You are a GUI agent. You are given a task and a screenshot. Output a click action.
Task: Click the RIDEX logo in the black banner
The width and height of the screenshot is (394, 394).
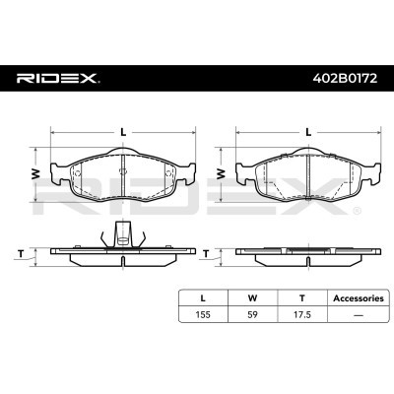click(x=58, y=78)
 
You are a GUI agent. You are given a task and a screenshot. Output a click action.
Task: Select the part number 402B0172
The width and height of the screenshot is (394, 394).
click(x=345, y=78)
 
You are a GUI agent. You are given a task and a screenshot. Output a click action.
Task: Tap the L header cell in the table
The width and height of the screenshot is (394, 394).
click(x=203, y=298)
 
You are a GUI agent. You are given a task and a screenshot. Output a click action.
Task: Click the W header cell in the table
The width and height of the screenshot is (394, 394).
click(x=252, y=298)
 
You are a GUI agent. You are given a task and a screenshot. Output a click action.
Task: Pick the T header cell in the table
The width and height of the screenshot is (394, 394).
click(x=302, y=298)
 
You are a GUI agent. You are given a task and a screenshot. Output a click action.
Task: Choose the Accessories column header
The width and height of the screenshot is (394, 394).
click(x=359, y=298)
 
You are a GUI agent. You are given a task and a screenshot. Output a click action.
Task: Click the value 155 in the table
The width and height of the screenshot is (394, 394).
click(x=203, y=314)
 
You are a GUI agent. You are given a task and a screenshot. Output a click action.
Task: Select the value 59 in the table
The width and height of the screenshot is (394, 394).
click(x=252, y=314)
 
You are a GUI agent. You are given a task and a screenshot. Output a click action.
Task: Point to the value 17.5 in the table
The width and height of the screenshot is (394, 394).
click(x=302, y=314)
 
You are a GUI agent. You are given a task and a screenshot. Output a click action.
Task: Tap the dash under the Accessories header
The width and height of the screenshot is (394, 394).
click(x=359, y=315)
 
